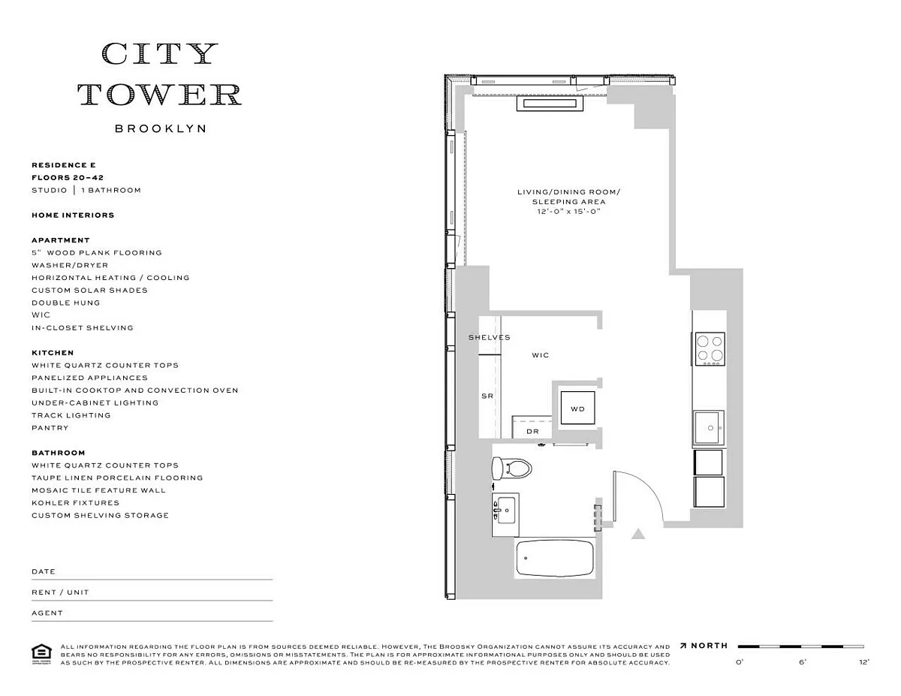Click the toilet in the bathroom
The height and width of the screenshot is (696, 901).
[x=511, y=469]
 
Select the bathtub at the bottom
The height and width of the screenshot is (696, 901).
[x=555, y=558]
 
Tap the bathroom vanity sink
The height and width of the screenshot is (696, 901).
[x=505, y=514]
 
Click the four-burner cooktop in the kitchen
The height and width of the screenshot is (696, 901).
[x=710, y=348]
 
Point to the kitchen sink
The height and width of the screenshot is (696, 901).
[x=708, y=429]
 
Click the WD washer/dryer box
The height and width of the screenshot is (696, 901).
[x=577, y=409]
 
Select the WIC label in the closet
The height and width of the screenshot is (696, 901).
[x=541, y=355]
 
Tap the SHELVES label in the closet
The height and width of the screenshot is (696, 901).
[x=489, y=338]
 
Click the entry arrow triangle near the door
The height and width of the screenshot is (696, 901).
[x=638, y=534]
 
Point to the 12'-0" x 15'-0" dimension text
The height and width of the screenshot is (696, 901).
[x=568, y=212]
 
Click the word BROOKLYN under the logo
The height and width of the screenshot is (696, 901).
[x=160, y=128]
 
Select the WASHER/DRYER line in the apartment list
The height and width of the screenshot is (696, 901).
[x=70, y=265]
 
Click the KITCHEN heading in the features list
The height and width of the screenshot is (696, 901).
[x=53, y=352]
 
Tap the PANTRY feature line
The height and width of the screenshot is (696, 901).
[x=50, y=428]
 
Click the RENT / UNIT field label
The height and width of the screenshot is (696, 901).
[x=60, y=592]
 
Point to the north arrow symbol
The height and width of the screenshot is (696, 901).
[x=684, y=646]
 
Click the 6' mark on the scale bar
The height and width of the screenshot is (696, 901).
[x=802, y=662]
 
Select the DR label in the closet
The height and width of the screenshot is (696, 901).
[x=532, y=432]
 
